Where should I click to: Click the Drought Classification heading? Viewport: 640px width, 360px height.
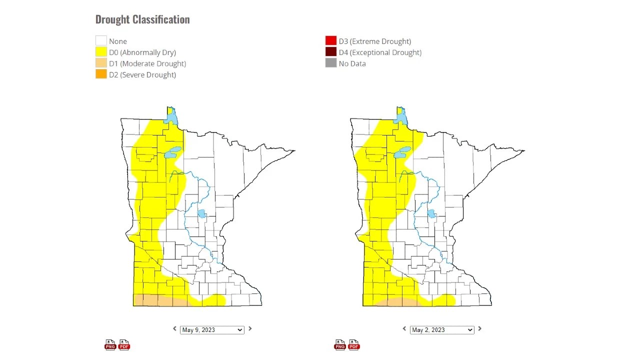(142, 19)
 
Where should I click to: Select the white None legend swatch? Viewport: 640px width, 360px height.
(101, 41)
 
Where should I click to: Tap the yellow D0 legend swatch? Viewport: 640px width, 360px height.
(101, 52)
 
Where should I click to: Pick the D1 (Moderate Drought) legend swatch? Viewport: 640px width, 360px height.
(101, 63)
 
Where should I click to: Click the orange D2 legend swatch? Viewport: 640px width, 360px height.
(101, 74)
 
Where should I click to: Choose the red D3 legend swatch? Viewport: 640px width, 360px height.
(330, 41)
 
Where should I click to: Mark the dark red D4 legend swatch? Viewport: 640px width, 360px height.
(330, 52)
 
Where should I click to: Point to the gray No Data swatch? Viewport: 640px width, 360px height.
(330, 63)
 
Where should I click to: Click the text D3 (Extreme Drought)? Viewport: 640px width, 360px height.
(375, 41)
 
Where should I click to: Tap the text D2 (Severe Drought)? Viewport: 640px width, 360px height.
(142, 74)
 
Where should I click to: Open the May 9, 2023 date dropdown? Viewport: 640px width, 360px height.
(212, 329)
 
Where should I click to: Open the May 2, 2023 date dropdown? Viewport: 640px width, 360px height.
(442, 329)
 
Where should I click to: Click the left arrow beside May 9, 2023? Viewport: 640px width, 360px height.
(174, 328)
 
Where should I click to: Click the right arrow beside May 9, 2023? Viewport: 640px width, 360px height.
(250, 328)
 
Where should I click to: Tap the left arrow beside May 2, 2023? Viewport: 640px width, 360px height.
(404, 328)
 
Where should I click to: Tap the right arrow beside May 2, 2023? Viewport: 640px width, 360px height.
(479, 328)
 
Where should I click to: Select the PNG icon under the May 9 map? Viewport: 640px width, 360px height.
(110, 344)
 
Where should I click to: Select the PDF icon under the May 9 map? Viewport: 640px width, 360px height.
(124, 344)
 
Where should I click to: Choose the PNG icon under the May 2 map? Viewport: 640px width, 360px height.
(340, 344)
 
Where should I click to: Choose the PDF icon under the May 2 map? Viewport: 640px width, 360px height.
(354, 344)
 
